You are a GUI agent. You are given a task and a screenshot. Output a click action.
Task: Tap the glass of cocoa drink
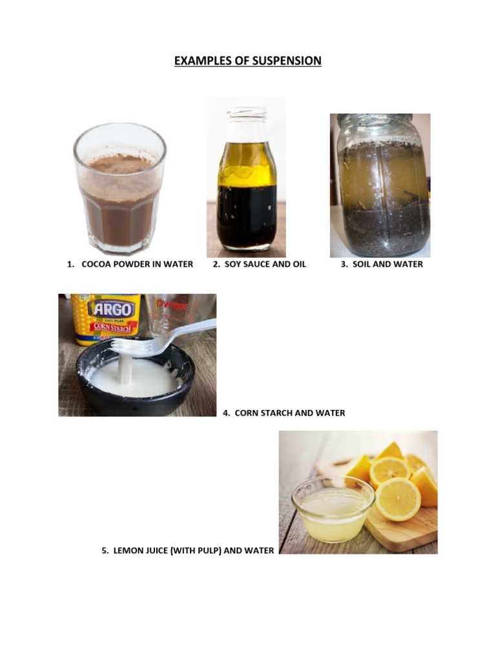click(x=119, y=190)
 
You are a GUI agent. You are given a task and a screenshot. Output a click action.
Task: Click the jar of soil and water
click(x=380, y=187)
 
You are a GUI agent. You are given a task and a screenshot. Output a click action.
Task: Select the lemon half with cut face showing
click(x=398, y=498)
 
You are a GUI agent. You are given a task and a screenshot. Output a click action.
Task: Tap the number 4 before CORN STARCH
click(x=226, y=412)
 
